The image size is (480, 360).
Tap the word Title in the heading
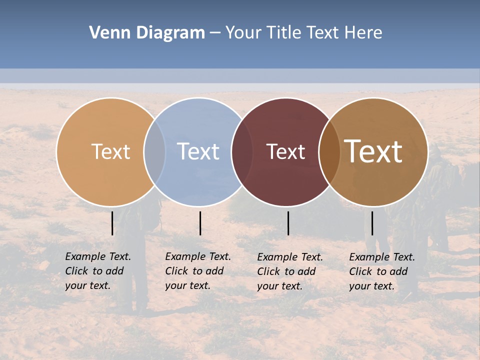pos(284,33)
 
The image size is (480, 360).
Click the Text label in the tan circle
pos(110,151)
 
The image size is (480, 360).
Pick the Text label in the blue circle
pos(198,151)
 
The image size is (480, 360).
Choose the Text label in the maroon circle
pos(285,151)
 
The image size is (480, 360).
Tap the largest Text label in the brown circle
pos(373,151)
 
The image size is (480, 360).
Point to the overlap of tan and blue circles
pos(154,151)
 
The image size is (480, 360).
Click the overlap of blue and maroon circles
pos(242,151)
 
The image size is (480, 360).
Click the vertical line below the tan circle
pos(112,223)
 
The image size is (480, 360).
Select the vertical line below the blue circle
pos(200,223)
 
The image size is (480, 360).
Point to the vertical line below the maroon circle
pos(288,223)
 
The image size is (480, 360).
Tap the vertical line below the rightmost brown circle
pos(372,223)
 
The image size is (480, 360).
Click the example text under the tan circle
pos(97,271)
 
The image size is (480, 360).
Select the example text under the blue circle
pos(197,271)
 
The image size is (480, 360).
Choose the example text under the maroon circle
pos(289,271)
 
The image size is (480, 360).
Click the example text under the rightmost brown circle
pos(381,271)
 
